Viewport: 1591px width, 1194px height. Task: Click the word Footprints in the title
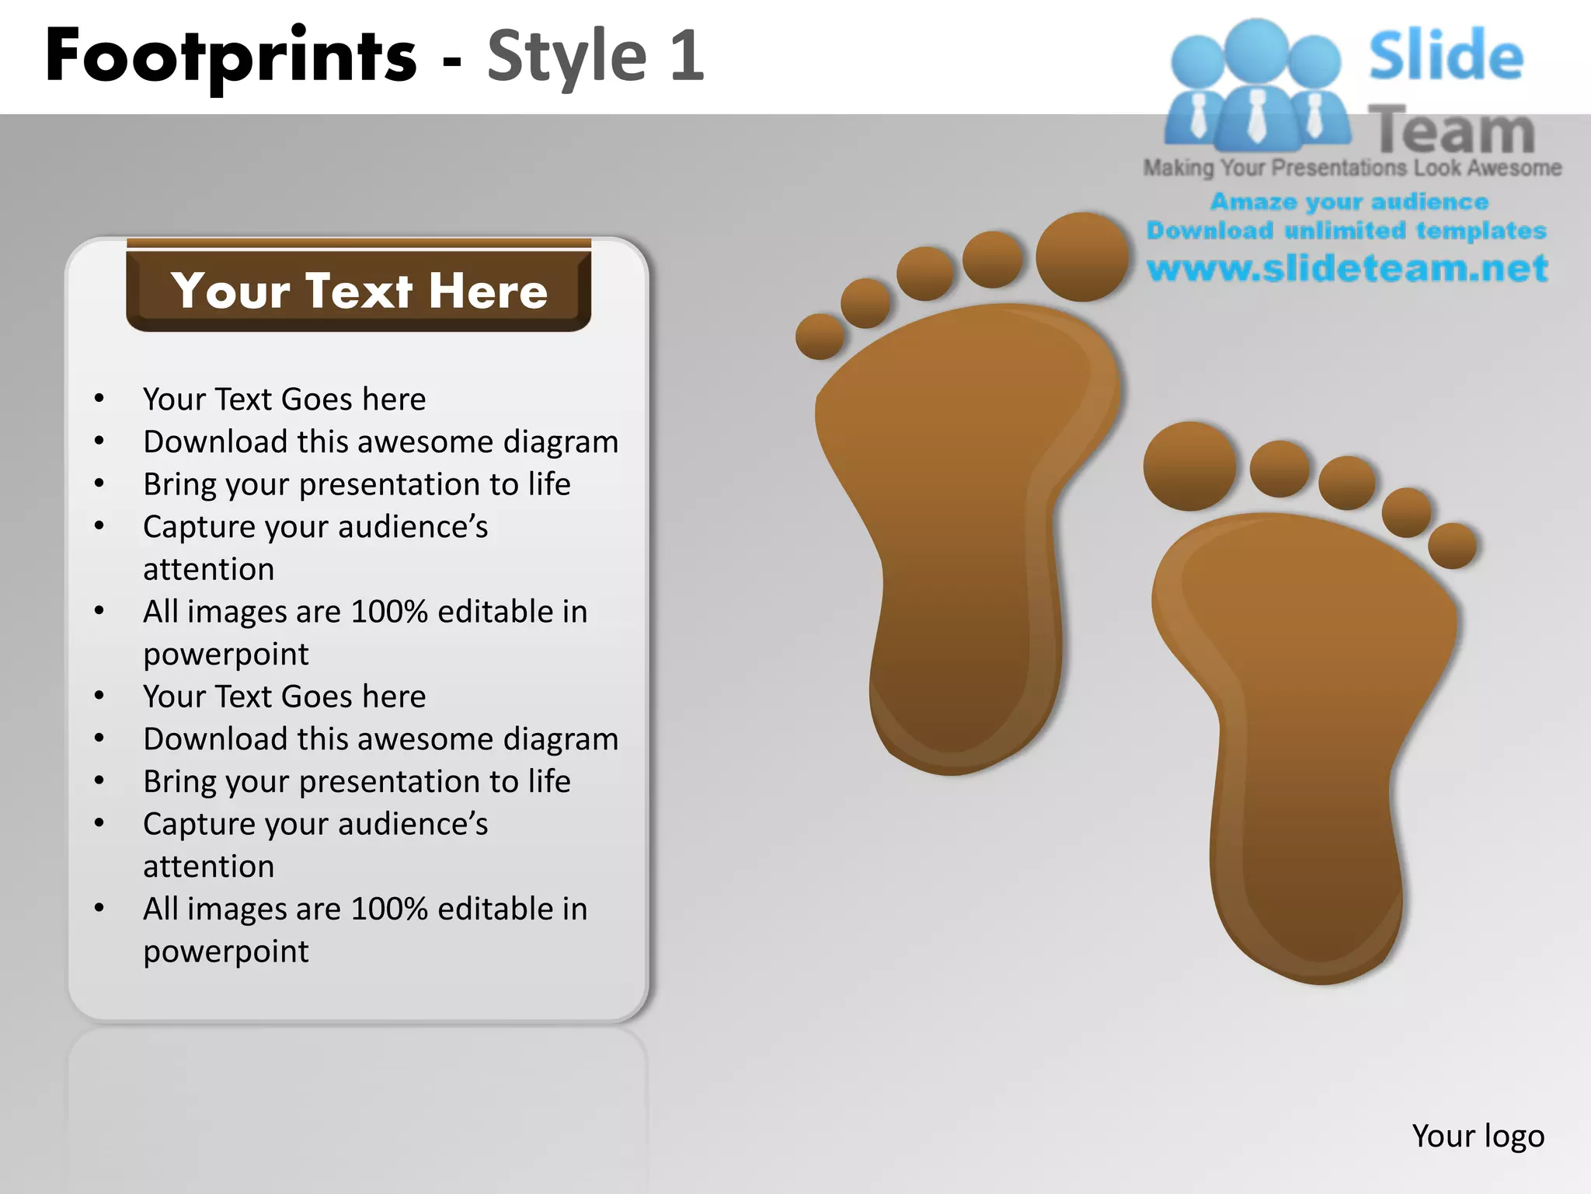(x=231, y=56)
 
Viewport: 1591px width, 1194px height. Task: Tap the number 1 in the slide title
(x=687, y=56)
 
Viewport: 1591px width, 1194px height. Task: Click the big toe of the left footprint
(x=1081, y=257)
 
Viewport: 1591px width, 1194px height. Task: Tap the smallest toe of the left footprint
(x=820, y=337)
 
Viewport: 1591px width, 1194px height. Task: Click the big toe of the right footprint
(x=1189, y=466)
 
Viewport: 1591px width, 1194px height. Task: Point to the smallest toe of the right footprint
(x=1452, y=545)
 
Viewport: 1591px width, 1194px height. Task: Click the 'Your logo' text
(x=1478, y=1136)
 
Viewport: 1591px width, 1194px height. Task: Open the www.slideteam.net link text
(x=1347, y=268)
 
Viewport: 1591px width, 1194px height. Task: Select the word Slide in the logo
(x=1446, y=56)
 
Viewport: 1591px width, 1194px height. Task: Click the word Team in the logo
(x=1451, y=131)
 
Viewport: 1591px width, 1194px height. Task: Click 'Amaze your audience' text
(x=1349, y=202)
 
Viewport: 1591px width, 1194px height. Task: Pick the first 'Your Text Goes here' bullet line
(x=284, y=400)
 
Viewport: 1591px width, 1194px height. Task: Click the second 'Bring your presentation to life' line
(x=357, y=781)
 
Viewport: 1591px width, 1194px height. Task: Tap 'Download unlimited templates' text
(x=1346, y=231)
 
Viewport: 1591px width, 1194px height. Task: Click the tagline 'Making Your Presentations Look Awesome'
(x=1352, y=168)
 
